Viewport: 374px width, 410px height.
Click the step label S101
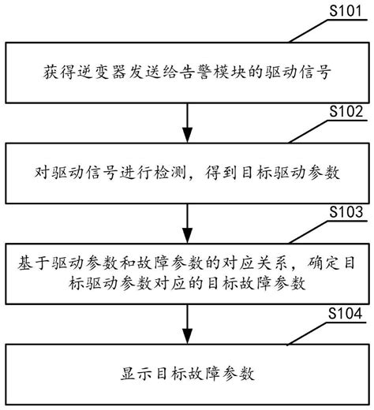346,10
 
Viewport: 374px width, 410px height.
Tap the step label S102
346,111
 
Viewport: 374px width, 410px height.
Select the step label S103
346,212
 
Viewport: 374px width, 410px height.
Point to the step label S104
345,313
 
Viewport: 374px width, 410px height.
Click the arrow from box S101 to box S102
187,123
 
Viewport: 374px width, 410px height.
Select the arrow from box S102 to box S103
187,223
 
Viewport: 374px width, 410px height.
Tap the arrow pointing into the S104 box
187,324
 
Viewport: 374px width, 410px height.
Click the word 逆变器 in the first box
102,72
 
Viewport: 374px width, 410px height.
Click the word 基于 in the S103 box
33,263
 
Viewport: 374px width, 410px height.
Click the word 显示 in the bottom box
137,374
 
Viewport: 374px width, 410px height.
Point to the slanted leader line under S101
310,31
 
